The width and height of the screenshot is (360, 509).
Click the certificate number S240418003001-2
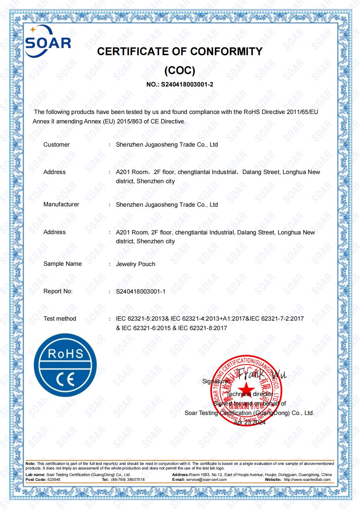[187, 84]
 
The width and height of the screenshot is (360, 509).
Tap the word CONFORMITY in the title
[226, 51]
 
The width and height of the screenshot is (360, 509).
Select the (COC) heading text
[180, 70]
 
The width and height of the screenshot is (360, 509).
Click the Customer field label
[57, 145]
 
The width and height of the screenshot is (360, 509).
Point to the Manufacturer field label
[61, 204]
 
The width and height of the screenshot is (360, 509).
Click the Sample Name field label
[62, 264]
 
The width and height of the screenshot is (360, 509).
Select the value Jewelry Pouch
[136, 264]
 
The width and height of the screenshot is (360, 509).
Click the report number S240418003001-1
[140, 291]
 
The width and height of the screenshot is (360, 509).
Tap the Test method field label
[60, 319]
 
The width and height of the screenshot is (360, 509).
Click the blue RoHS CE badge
[65, 365]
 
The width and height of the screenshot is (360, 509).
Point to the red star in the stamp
[246, 389]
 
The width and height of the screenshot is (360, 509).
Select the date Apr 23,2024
[250, 422]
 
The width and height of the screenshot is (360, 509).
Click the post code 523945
[54, 480]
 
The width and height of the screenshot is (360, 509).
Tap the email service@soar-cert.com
[206, 480]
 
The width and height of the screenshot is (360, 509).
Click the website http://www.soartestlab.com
[307, 480]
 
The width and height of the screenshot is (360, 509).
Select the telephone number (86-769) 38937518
[128, 480]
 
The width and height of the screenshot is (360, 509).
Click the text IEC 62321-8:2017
[203, 328]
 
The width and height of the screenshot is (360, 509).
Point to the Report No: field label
[58, 291]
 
